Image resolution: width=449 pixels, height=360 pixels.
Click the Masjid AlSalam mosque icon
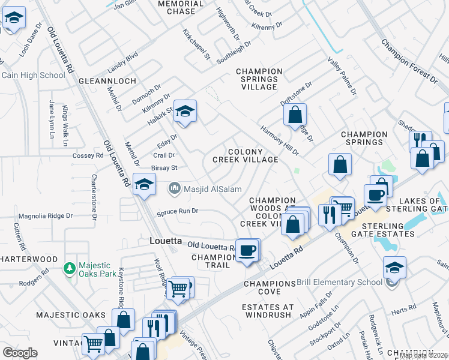tap(175, 188)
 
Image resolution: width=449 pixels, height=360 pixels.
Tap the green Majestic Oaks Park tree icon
tap(70, 266)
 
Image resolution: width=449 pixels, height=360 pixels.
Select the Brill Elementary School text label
tap(341, 282)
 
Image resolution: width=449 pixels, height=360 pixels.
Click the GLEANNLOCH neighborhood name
tap(111, 80)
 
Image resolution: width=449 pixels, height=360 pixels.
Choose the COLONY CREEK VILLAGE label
tap(246, 155)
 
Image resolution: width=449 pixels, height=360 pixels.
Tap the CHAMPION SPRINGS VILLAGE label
tap(259, 79)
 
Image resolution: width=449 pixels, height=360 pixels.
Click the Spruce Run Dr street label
tap(177, 211)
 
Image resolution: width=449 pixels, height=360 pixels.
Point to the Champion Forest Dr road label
tap(409, 60)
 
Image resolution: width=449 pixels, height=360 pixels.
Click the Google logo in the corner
tap(20, 353)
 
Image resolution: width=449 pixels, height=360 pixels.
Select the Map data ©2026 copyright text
tap(424, 355)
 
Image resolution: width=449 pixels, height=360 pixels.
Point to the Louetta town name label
tap(165, 241)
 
